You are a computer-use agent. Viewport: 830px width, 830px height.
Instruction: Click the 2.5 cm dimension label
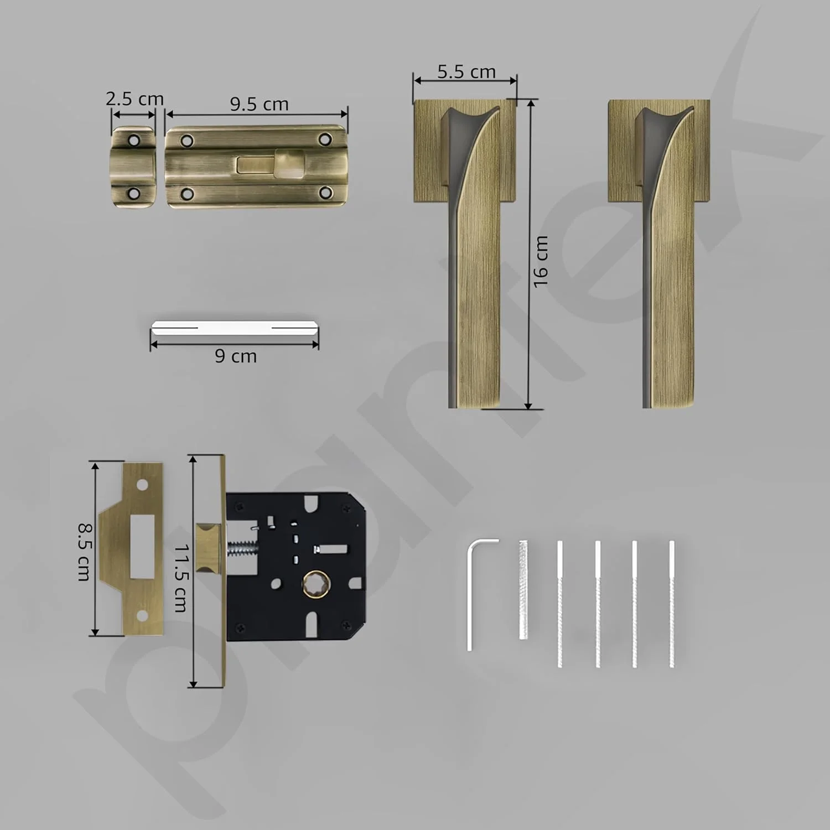click(134, 99)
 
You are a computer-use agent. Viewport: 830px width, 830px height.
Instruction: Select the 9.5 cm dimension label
click(259, 104)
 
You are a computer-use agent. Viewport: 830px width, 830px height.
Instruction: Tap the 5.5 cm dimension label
click(466, 72)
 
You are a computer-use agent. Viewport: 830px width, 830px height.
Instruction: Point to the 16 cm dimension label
click(541, 261)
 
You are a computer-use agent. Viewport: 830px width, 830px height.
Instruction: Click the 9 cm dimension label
click(236, 356)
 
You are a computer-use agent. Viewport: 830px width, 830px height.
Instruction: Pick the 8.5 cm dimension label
click(84, 552)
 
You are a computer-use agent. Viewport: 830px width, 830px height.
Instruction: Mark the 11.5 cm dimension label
click(181, 578)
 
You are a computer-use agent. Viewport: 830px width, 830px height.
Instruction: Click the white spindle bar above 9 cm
click(235, 328)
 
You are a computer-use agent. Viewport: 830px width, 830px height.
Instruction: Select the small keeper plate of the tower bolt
click(133, 167)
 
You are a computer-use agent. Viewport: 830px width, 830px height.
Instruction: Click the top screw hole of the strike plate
click(142, 485)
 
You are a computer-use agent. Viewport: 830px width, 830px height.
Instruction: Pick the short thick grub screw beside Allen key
click(523, 590)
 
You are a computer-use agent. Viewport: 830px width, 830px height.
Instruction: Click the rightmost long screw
click(672, 603)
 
